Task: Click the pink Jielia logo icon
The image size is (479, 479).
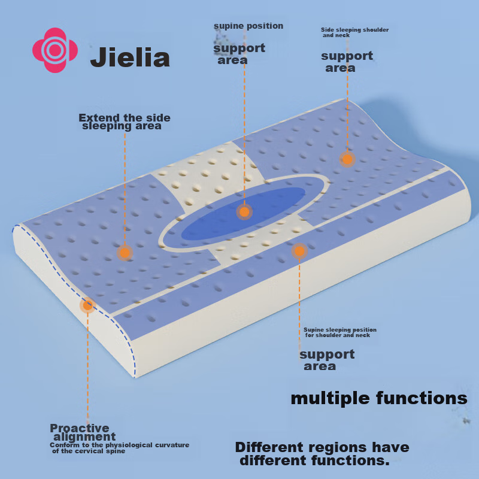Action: click(55, 50)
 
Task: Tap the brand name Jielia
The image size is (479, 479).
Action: click(130, 58)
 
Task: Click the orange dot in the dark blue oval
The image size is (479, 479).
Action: click(244, 211)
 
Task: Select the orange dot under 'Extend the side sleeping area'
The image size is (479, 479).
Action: click(125, 253)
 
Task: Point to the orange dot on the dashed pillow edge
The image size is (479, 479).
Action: click(87, 305)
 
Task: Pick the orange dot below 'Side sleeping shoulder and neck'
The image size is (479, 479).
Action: click(347, 159)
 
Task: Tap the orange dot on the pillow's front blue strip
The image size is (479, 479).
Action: click(299, 251)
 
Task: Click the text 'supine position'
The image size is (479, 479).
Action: click(248, 26)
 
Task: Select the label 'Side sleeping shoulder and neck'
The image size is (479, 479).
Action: click(354, 32)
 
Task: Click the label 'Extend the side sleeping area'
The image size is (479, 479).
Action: click(125, 122)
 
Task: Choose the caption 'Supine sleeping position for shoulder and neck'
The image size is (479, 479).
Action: click(339, 332)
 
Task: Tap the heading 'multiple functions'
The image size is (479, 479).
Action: click(378, 398)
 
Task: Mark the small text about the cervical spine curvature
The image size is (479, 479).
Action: click(119, 448)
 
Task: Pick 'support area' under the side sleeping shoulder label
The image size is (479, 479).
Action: click(346, 62)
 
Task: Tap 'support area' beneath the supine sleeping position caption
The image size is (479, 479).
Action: click(326, 360)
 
